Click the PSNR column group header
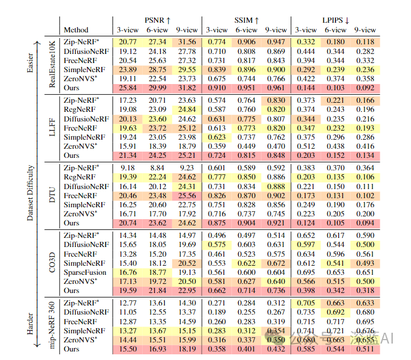156,19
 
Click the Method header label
76,30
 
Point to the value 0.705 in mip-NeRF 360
305,302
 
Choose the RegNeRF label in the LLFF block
79,109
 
